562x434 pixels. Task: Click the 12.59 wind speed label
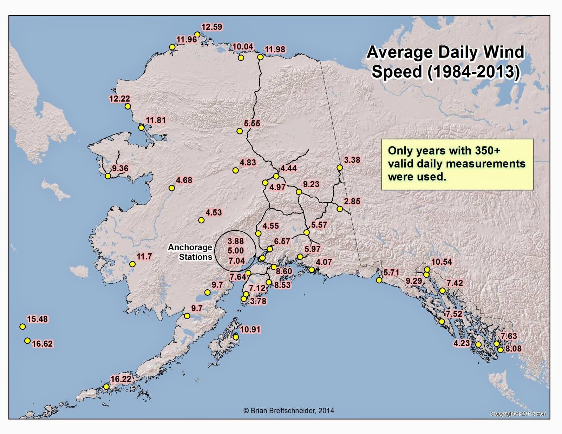click(212, 27)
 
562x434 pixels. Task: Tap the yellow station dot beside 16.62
click(27, 341)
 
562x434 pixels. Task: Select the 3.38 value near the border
click(352, 160)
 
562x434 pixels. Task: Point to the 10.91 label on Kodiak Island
click(250, 330)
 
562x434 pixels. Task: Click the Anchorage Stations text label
click(190, 252)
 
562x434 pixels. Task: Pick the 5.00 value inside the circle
click(236, 251)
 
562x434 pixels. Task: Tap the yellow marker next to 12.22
click(128, 106)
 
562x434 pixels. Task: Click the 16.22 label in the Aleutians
click(120, 379)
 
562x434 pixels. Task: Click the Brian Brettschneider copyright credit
click(289, 410)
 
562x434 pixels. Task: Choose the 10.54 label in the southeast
click(442, 262)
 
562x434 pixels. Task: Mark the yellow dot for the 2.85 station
click(340, 209)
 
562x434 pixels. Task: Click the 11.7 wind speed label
click(144, 257)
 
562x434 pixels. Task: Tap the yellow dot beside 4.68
click(172, 188)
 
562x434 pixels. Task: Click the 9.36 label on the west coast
click(120, 169)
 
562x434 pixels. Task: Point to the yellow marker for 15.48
click(22, 327)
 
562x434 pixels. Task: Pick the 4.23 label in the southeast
click(461, 343)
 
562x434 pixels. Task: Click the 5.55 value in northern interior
click(252, 124)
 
